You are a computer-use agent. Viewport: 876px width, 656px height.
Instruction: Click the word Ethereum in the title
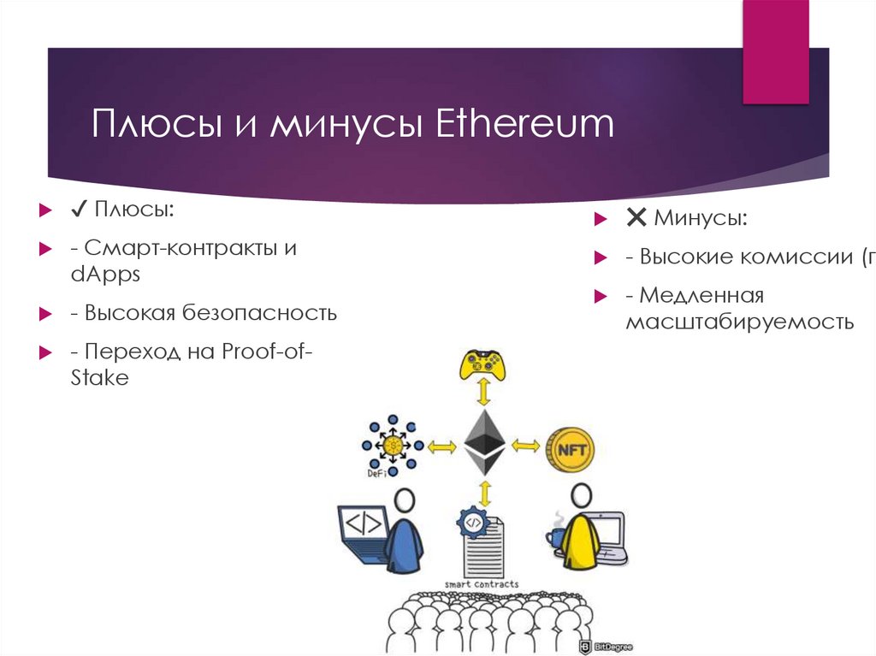pos(525,124)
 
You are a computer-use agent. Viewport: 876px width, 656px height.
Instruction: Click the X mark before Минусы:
pos(636,218)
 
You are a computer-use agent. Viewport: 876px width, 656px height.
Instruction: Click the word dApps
pos(105,275)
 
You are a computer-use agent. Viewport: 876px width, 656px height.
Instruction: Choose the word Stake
pos(99,378)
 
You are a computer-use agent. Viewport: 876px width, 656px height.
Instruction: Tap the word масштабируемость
pos(739,322)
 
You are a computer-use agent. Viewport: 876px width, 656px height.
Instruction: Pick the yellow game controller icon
pos(484,363)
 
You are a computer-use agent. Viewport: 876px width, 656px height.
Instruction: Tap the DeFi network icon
pos(390,445)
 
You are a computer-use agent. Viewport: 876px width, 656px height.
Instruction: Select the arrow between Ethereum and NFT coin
pos(526,446)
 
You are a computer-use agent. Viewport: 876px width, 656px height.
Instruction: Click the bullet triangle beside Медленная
pos(600,296)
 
